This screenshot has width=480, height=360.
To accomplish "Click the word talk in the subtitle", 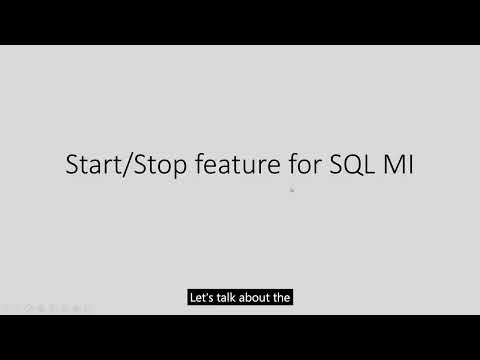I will (229, 297).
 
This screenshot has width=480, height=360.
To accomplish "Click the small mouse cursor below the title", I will (291, 188).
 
